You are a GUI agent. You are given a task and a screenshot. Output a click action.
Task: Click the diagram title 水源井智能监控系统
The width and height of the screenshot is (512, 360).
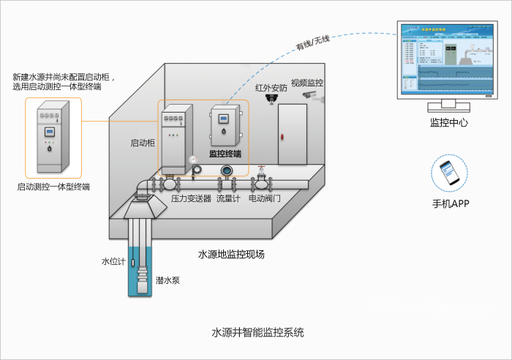point(257,332)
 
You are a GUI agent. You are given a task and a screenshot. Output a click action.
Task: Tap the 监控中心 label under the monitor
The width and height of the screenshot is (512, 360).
point(448,123)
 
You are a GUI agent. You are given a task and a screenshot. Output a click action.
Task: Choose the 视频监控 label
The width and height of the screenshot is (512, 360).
point(306,83)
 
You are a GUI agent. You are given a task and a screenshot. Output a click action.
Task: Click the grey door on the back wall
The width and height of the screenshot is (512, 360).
point(292,135)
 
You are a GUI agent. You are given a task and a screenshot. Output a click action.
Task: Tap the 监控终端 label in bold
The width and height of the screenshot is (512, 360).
point(225,154)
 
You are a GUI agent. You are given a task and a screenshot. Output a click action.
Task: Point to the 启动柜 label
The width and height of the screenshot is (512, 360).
point(143,143)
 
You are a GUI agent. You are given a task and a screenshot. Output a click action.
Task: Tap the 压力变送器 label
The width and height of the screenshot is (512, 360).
point(191,198)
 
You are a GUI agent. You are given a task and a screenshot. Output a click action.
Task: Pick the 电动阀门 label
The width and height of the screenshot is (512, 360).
point(264,198)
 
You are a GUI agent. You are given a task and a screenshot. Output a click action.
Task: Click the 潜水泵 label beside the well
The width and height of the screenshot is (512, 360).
point(166,280)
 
